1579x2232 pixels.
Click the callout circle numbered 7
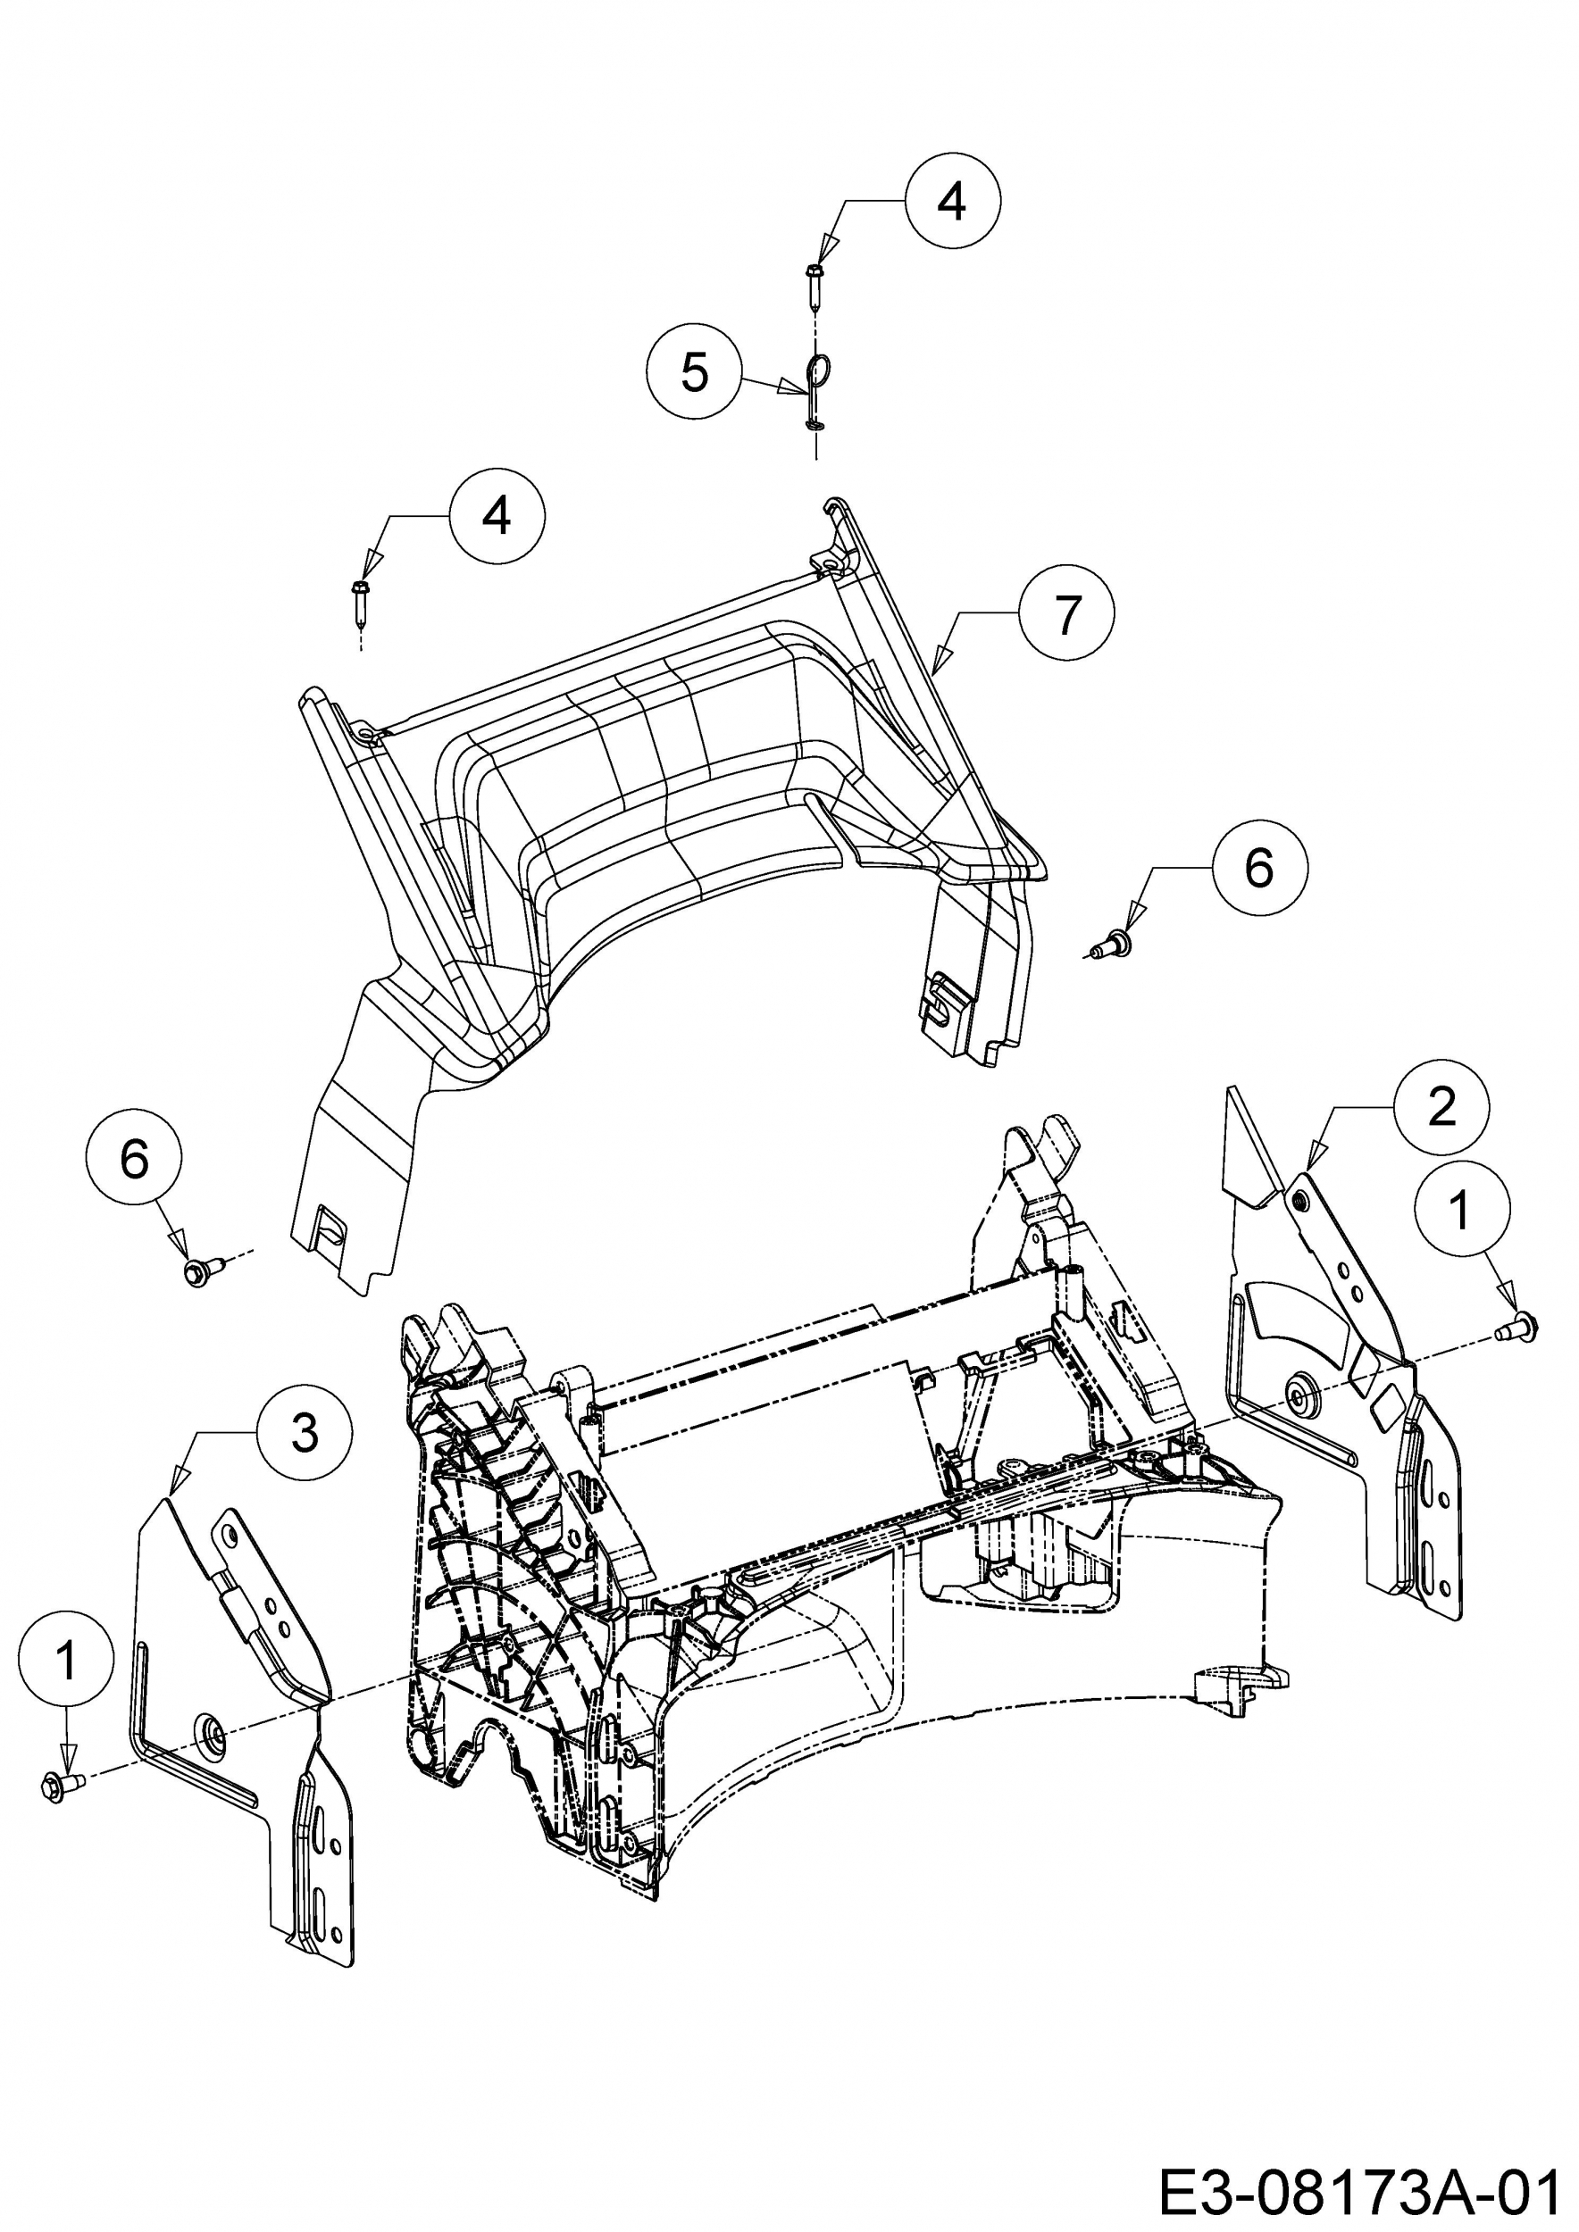pos(1066,615)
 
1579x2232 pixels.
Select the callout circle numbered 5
pos(694,372)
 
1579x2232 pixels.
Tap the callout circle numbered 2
pos(1441,1106)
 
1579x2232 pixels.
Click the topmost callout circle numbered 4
pos(952,201)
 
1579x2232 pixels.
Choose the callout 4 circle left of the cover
pos(497,516)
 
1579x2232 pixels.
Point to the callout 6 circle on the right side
pos(1259,867)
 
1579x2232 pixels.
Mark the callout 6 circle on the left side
pos(134,1160)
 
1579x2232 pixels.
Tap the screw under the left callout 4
pos(361,602)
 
